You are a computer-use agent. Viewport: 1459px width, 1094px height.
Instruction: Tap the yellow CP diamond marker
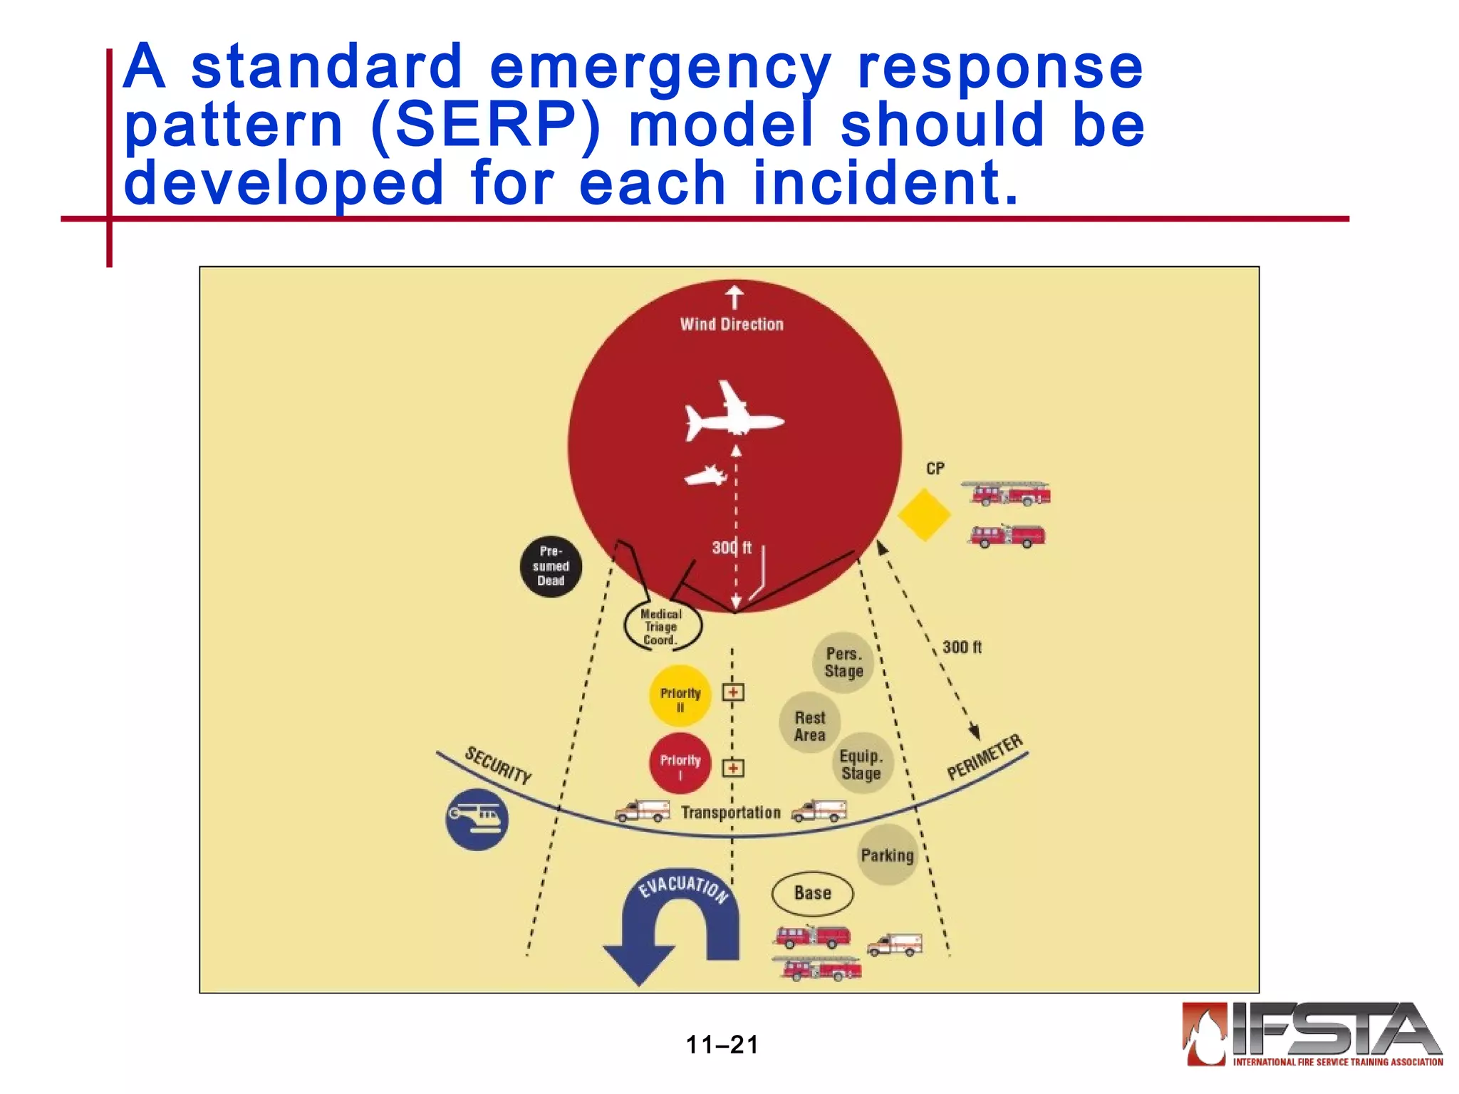click(x=924, y=514)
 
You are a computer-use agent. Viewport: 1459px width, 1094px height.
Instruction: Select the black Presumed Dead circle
click(x=551, y=566)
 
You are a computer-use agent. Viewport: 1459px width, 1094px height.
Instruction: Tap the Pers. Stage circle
click(x=843, y=662)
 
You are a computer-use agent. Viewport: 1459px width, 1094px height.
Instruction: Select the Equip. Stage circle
click(x=861, y=764)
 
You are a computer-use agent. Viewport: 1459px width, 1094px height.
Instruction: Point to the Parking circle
click(x=887, y=855)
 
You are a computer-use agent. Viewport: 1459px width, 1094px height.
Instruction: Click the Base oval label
click(x=812, y=893)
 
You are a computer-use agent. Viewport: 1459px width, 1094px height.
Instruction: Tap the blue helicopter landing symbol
click(x=477, y=819)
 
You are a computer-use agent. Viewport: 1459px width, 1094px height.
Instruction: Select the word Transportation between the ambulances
click(x=730, y=812)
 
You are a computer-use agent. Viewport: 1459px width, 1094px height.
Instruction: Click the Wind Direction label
click(x=732, y=324)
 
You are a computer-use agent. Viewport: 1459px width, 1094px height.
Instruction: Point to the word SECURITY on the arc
click(x=498, y=766)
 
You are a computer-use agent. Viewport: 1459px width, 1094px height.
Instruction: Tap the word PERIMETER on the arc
click(x=985, y=757)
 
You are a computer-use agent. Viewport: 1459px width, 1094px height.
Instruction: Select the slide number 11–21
click(x=722, y=1045)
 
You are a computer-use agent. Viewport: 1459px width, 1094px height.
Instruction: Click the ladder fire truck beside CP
click(x=1008, y=493)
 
